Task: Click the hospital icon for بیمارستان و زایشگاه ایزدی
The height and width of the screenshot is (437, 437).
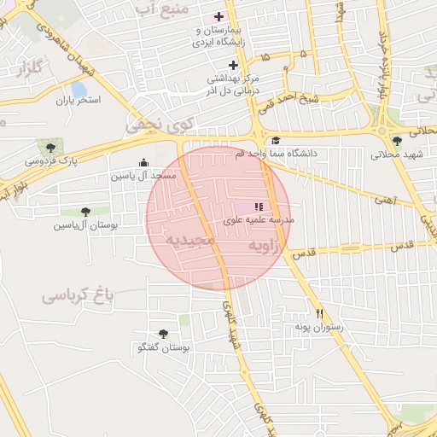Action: pyautogui.click(x=218, y=16)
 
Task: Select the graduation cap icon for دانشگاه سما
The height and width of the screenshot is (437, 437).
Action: pyautogui.click(x=275, y=142)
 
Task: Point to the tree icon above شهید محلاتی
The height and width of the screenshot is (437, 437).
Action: pyautogui.click(x=396, y=142)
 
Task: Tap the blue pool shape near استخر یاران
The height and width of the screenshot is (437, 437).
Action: pyautogui.click(x=79, y=89)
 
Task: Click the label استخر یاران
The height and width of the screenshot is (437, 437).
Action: pyautogui.click(x=79, y=101)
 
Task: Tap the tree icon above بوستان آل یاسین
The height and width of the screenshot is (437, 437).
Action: pyautogui.click(x=84, y=212)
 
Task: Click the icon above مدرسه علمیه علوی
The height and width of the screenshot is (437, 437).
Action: pyautogui.click(x=259, y=207)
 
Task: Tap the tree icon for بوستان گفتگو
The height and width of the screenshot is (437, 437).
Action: pyautogui.click(x=163, y=334)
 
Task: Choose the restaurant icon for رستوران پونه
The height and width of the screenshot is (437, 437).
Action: pyautogui.click(x=319, y=313)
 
